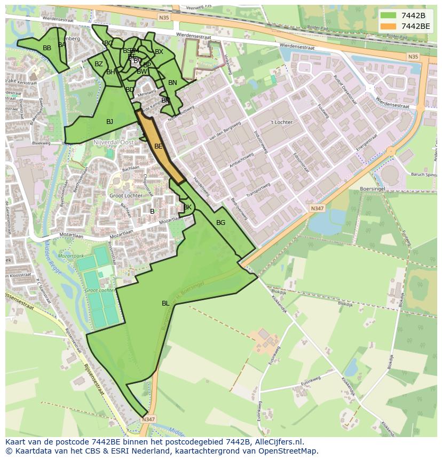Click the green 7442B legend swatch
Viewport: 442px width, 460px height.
click(388, 15)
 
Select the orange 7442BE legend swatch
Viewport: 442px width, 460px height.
click(388, 26)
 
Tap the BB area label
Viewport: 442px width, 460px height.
click(47, 48)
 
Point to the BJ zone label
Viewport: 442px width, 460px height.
click(109, 122)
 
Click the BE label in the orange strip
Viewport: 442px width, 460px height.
click(159, 146)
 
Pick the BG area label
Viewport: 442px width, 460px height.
click(220, 223)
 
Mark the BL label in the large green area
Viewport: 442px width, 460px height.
click(165, 303)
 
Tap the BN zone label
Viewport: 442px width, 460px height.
click(172, 83)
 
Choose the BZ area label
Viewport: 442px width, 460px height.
click(99, 64)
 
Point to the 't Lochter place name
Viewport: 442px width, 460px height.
click(281, 122)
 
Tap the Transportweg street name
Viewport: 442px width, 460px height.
click(258, 190)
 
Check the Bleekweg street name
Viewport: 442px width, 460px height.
click(41, 143)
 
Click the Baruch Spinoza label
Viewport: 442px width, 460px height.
click(425, 174)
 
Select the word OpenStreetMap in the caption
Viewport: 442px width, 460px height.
click(291, 451)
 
